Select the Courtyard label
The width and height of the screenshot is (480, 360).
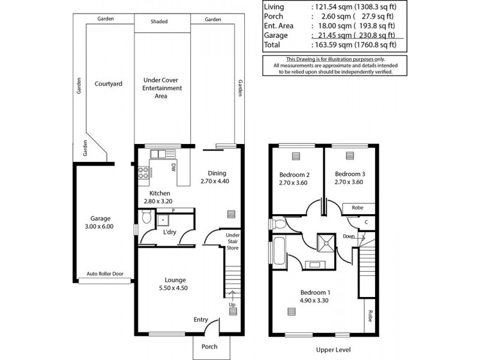[108, 84]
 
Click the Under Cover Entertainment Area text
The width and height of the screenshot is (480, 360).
[161, 88]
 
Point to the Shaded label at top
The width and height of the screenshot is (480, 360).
[159, 22]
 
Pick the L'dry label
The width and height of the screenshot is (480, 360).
[161, 232]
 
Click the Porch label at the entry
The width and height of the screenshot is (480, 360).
[209, 347]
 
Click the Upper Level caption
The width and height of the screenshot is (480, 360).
[332, 350]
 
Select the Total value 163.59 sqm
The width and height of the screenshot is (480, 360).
[334, 44]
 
